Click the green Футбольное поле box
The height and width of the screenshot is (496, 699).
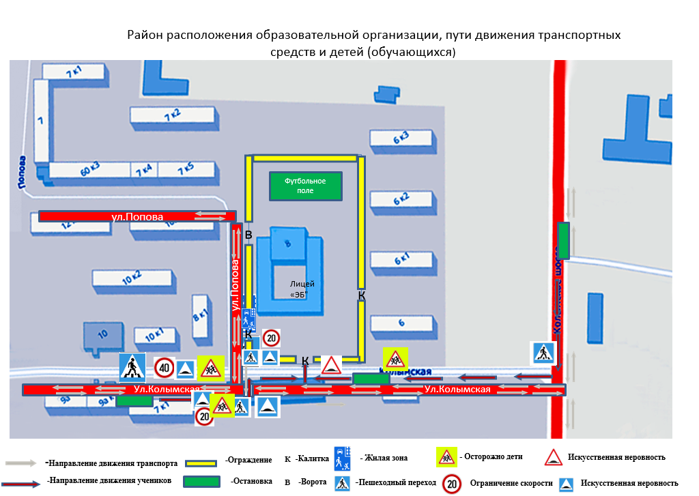tap(306, 186)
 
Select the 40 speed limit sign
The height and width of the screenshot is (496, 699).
tap(164, 368)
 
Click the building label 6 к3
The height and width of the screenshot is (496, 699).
tap(401, 138)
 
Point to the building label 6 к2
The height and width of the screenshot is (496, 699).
tap(401, 200)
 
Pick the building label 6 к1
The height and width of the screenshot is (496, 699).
tap(401, 259)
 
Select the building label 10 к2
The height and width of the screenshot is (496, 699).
tap(131, 276)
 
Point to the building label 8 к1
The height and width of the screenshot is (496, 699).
tap(200, 316)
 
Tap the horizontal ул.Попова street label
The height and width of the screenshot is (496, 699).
tap(137, 217)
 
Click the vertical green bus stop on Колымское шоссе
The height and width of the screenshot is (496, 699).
tap(563, 241)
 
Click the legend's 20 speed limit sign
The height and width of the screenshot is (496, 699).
tap(451, 482)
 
